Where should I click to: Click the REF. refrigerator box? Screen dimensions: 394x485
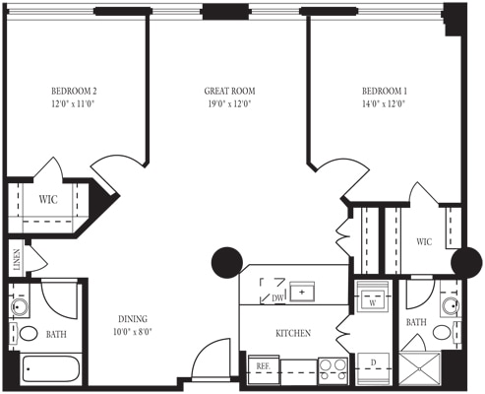tap(264, 366)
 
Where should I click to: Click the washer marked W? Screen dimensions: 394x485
tap(374, 297)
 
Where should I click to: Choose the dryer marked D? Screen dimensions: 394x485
tap(374, 365)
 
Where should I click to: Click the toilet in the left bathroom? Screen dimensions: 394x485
tap(29, 334)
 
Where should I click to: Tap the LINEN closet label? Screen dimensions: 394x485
tap(17, 262)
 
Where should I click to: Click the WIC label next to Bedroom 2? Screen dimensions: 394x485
tap(48, 200)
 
